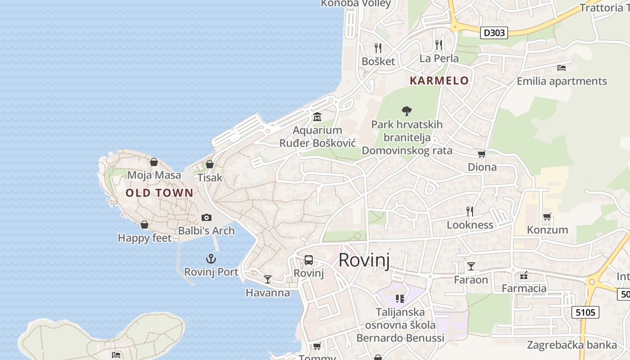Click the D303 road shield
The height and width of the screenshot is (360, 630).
(x=494, y=33)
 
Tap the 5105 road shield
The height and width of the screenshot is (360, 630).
(x=586, y=312)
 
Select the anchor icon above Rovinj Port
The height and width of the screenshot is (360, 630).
(x=211, y=259)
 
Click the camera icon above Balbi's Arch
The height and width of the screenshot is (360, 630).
(x=207, y=218)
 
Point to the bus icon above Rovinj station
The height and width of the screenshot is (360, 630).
(x=309, y=260)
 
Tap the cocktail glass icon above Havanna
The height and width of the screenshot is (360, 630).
(x=268, y=279)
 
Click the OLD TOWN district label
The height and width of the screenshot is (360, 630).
(x=159, y=193)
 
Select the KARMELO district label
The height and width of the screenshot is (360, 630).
(x=439, y=81)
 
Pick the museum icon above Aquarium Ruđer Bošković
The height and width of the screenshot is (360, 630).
(x=317, y=117)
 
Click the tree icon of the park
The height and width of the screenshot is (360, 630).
(x=407, y=111)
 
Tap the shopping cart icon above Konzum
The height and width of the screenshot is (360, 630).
(x=547, y=217)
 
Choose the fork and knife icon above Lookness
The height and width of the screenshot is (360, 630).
(x=470, y=211)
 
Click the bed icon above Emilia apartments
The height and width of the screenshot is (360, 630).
(x=562, y=68)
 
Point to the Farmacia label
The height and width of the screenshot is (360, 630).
(x=524, y=288)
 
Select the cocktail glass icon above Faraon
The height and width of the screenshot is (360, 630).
(x=471, y=266)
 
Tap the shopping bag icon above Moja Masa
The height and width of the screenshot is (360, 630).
(x=154, y=162)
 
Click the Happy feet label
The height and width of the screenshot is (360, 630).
(x=144, y=238)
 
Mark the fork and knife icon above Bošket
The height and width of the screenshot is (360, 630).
(x=378, y=48)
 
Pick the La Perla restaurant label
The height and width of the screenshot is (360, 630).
(x=439, y=58)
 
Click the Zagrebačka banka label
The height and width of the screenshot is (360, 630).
(x=571, y=345)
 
